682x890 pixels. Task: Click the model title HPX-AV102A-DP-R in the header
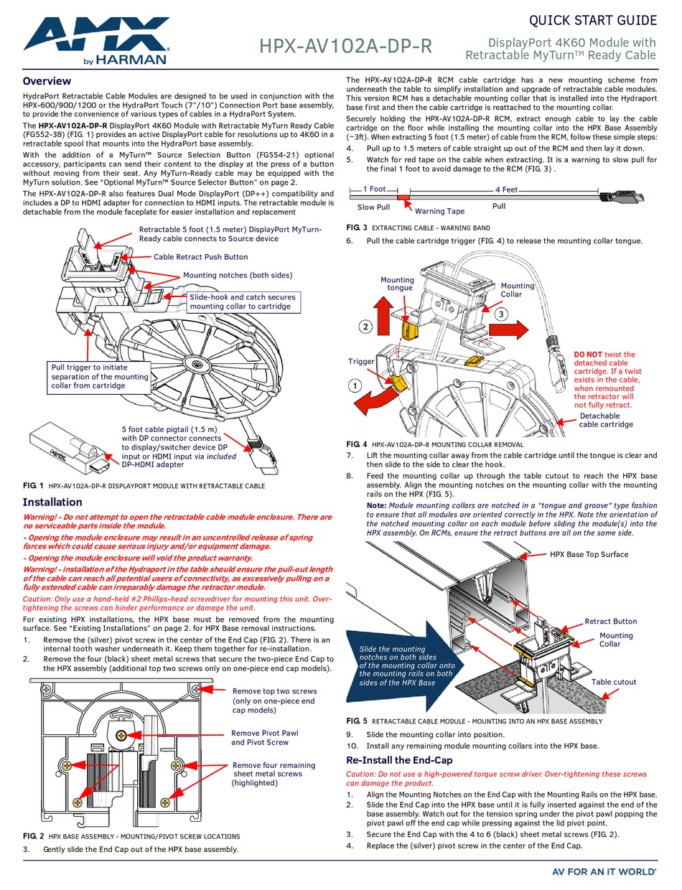(345, 46)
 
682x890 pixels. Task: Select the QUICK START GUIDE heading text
(592, 20)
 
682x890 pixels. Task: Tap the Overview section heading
(47, 81)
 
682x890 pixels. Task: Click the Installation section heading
(52, 502)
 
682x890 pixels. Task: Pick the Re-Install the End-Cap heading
(399, 760)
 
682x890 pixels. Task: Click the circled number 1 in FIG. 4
(355, 385)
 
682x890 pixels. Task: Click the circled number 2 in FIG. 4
(365, 327)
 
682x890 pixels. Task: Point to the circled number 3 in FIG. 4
(501, 314)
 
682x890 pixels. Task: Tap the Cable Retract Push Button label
(200, 257)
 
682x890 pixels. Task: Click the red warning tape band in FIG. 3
(403, 196)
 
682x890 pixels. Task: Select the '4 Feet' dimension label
(506, 189)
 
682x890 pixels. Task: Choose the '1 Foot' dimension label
(374, 189)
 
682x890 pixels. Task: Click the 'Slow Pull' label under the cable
(373, 207)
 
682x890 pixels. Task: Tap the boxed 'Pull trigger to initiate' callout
(100, 376)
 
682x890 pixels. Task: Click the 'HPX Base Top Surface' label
(589, 554)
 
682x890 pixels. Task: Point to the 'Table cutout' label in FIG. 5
(614, 682)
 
